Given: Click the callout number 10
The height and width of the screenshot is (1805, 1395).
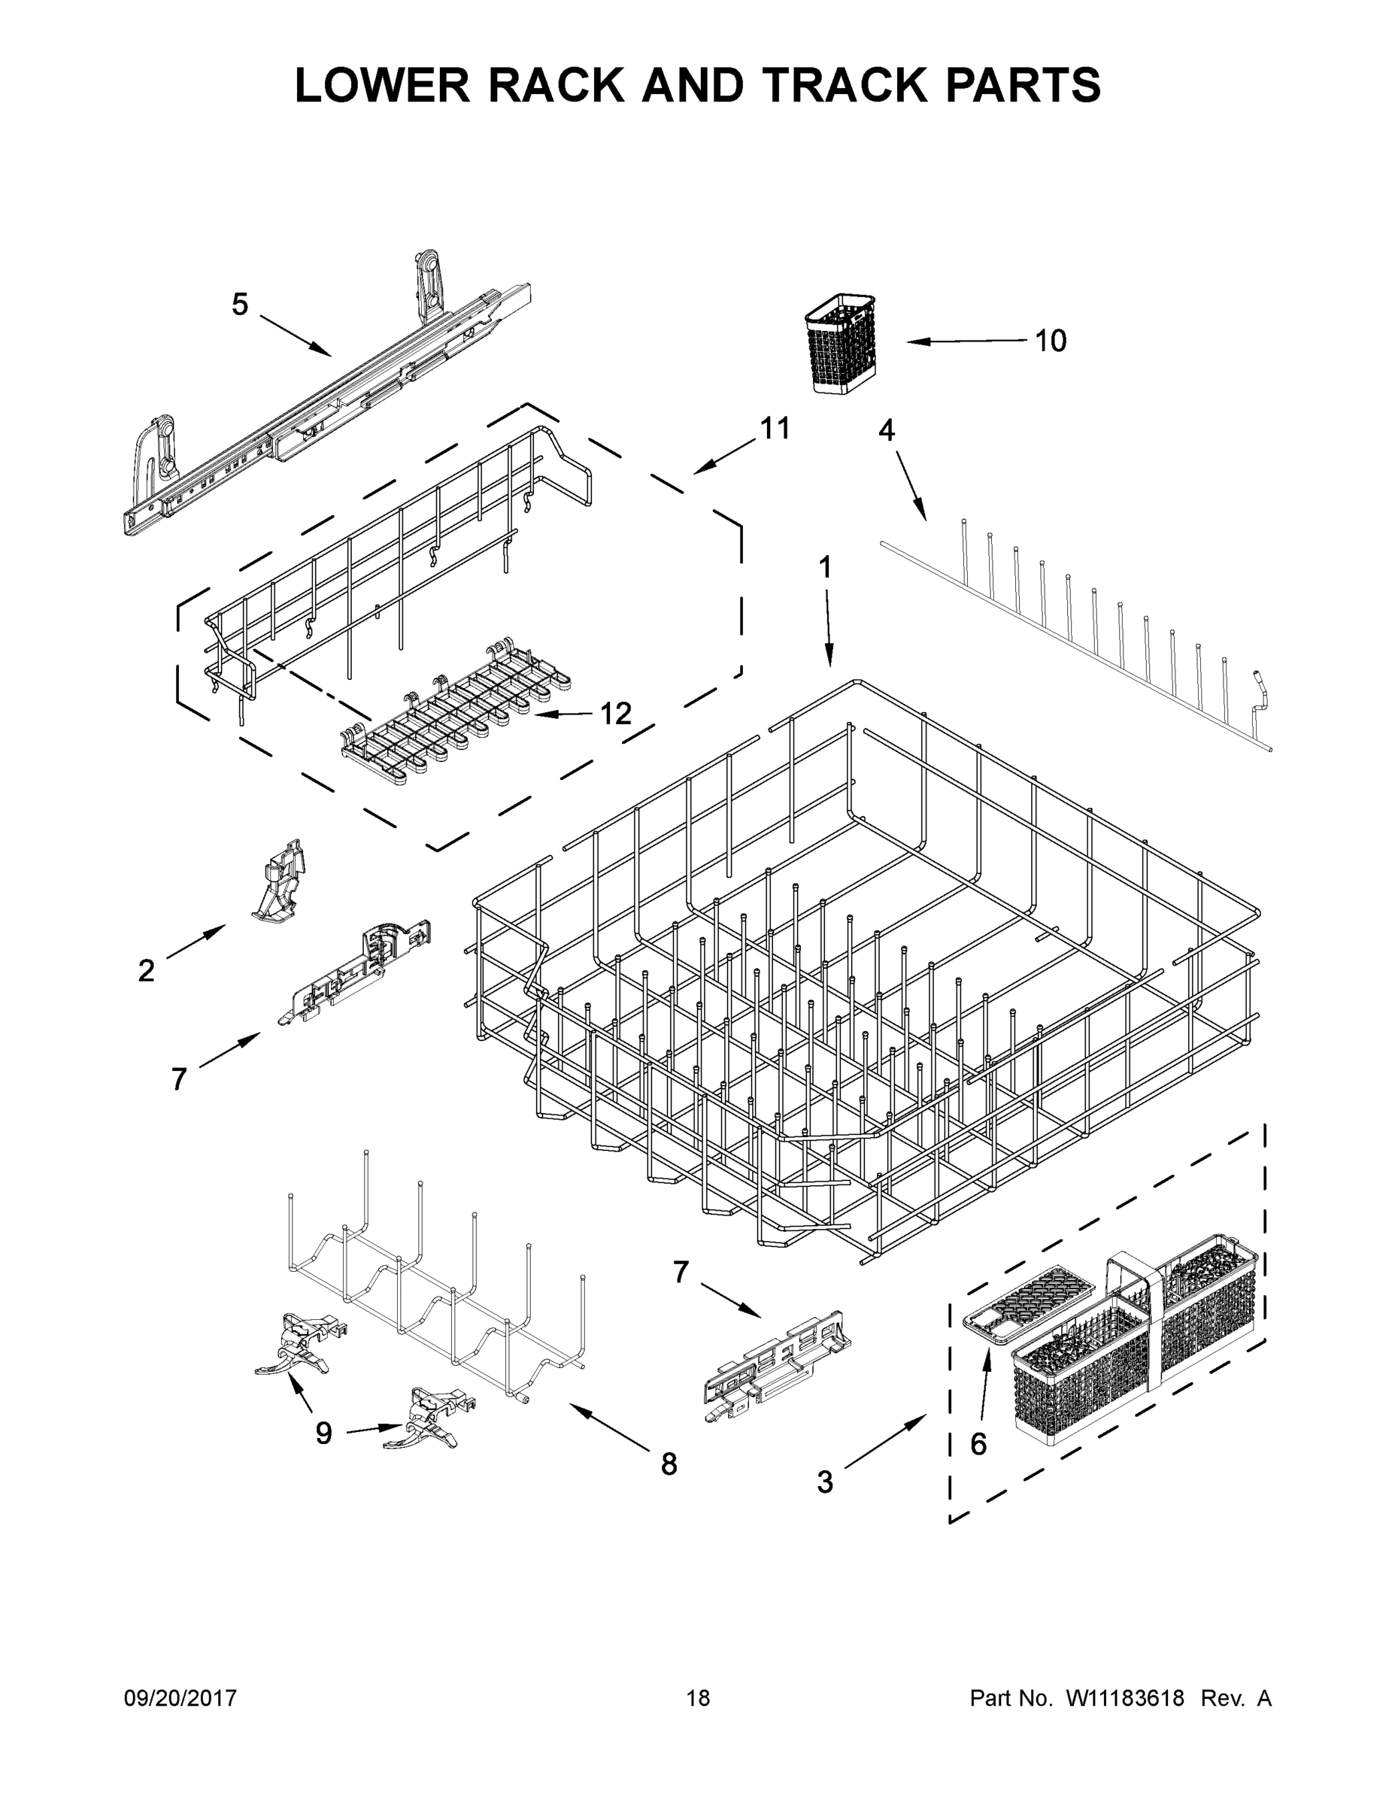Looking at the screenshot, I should coord(1051,341).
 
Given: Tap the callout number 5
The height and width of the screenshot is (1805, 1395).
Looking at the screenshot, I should coord(240,305).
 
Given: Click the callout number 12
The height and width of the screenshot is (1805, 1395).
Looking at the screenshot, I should coord(616,713).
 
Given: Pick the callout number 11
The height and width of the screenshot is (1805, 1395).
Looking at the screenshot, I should coord(775,428).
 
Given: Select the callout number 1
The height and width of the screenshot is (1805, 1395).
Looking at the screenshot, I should coord(825,567).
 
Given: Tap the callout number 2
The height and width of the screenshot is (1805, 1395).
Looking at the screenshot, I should coord(147,971).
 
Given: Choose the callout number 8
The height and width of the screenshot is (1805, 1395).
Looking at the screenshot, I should coord(669,1464).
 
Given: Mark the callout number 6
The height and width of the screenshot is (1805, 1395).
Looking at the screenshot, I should coord(978,1444).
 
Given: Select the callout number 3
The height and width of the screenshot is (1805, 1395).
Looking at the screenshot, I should coord(825,1482).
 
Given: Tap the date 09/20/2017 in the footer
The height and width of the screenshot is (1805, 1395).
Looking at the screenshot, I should coord(180,1698).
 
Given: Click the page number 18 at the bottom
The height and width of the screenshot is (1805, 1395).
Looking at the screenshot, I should coord(699,1698).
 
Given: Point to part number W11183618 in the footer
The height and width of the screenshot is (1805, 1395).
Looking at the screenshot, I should coord(1125,1698).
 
